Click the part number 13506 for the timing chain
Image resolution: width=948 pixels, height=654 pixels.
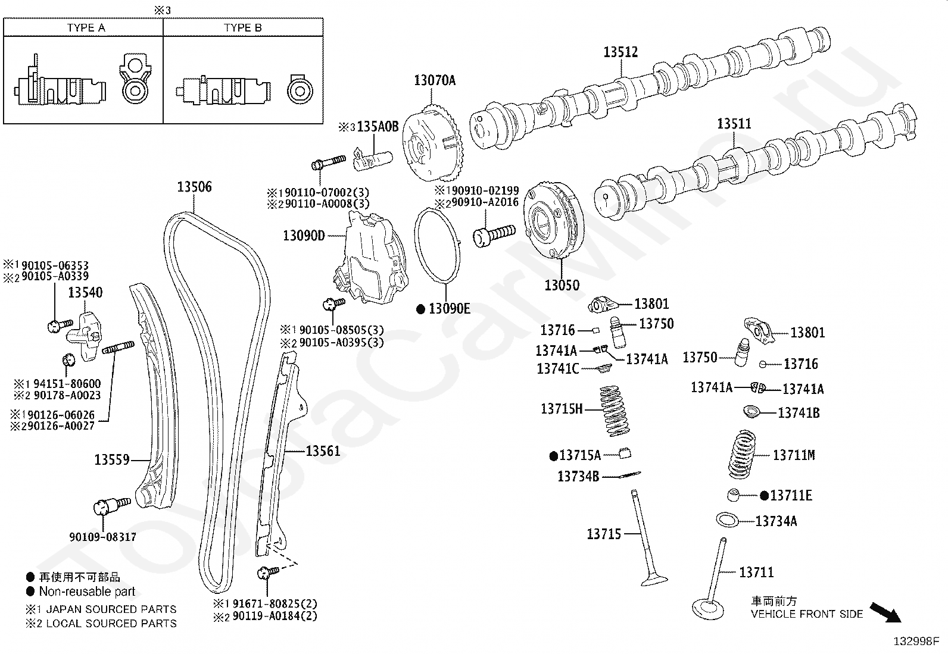(x=194, y=187)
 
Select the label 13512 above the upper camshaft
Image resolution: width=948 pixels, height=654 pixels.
(x=620, y=52)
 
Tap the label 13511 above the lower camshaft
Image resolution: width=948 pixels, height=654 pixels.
(x=734, y=124)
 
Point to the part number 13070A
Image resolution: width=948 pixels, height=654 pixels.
(x=435, y=80)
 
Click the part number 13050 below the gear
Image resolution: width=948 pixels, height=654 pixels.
(x=562, y=286)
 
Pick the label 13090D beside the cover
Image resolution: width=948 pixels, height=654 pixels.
(x=304, y=236)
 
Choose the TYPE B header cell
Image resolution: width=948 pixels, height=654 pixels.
(x=242, y=27)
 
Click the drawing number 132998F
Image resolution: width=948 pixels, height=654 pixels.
(x=915, y=642)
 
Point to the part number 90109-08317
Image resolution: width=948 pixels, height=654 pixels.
(x=102, y=537)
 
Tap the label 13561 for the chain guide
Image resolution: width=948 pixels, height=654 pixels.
(x=323, y=451)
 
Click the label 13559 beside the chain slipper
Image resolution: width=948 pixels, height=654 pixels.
(x=112, y=460)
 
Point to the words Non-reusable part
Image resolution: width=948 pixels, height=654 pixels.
(x=87, y=592)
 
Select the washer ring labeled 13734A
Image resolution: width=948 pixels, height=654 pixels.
(x=726, y=520)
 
